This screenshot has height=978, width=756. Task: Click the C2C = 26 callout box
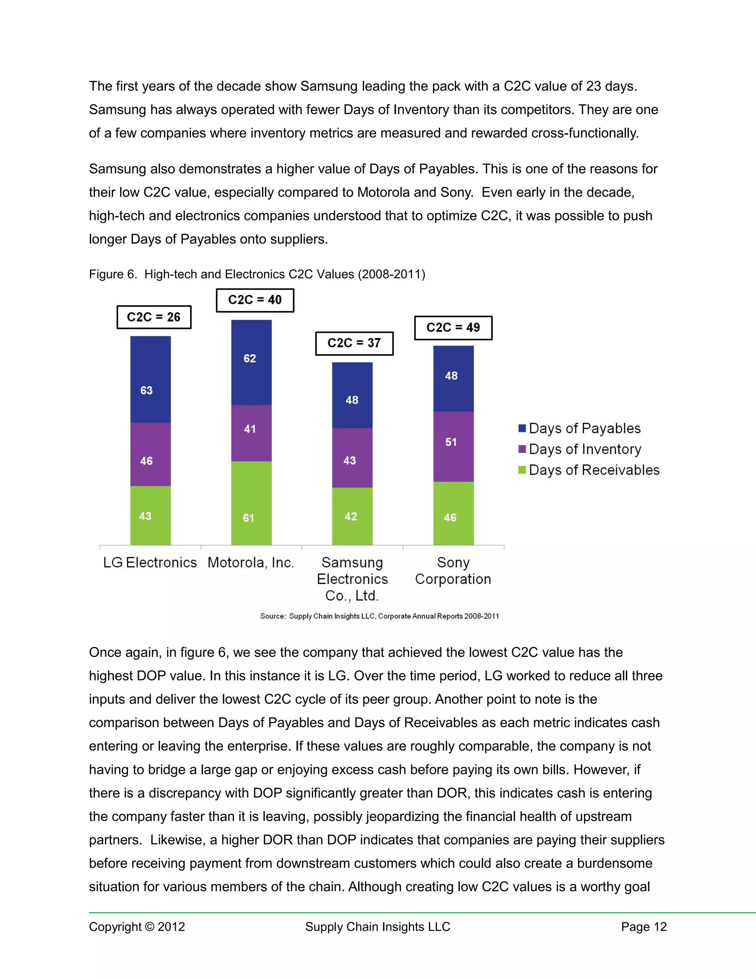point(154,317)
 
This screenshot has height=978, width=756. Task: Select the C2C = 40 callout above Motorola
point(255,300)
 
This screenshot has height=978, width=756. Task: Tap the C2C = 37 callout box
point(354,344)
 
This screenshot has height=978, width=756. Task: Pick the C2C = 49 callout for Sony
point(453,328)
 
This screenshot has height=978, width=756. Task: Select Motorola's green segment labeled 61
point(251,503)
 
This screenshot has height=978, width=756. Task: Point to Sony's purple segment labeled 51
point(453,447)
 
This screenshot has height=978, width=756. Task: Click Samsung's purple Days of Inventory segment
point(352,458)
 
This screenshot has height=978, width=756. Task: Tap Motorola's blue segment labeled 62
point(251,362)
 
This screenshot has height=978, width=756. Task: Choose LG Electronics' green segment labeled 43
point(151,516)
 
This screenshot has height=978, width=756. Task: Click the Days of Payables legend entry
point(580,428)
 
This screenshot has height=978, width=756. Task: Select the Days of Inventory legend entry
point(580,449)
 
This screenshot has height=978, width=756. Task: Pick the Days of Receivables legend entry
point(589,470)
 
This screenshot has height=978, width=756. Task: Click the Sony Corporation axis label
point(453,571)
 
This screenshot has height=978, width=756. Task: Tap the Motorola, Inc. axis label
point(251,562)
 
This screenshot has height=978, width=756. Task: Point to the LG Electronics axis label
point(150,562)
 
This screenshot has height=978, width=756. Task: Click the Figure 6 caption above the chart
point(257,274)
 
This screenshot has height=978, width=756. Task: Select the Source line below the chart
point(379,616)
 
